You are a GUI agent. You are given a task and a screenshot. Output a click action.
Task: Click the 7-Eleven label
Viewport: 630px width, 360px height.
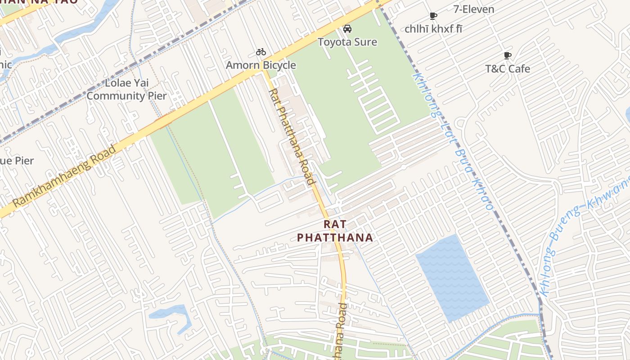473,9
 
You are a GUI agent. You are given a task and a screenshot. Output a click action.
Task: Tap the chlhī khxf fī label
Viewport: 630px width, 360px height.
433,29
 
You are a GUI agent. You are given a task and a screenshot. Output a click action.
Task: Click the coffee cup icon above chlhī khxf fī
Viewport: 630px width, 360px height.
433,16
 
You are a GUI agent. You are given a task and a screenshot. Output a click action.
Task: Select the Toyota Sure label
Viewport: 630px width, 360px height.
347,42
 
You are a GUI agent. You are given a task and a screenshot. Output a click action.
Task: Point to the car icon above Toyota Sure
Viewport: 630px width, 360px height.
347,29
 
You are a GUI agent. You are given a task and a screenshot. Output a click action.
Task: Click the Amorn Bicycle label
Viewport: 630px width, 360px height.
261,65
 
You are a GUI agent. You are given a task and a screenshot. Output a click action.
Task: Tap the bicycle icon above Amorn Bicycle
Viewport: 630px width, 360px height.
261,52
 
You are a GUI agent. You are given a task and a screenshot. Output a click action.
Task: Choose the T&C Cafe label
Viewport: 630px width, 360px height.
507,69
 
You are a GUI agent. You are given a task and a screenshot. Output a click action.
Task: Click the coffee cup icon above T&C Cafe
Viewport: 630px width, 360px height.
507,56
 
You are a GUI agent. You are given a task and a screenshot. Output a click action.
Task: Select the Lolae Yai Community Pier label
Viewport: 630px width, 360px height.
126,90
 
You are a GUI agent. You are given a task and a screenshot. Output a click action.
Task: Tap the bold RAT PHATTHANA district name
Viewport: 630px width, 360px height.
335,231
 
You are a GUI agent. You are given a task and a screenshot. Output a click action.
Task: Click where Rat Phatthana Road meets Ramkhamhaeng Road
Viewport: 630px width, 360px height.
264,71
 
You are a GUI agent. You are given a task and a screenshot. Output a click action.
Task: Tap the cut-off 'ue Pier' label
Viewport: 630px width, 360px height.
17,161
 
